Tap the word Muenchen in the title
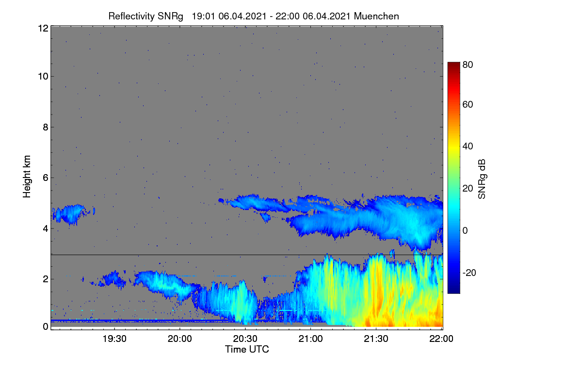click(x=376, y=16)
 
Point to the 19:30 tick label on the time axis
click(x=114, y=339)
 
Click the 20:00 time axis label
click(x=180, y=339)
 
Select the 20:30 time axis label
click(x=245, y=339)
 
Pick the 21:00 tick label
click(x=310, y=339)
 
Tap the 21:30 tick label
click(x=376, y=339)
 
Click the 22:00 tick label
click(x=441, y=339)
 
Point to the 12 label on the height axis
click(x=43, y=28)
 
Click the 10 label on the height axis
click(x=43, y=77)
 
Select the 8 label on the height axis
click(x=46, y=128)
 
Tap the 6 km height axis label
click(x=46, y=178)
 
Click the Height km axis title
click(x=27, y=177)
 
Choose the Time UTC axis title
click(x=247, y=350)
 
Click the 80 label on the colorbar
click(x=468, y=65)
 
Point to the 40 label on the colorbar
click(x=468, y=146)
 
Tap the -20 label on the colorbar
click(x=469, y=273)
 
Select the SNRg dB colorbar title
click(x=482, y=179)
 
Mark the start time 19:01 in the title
click(x=203, y=16)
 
